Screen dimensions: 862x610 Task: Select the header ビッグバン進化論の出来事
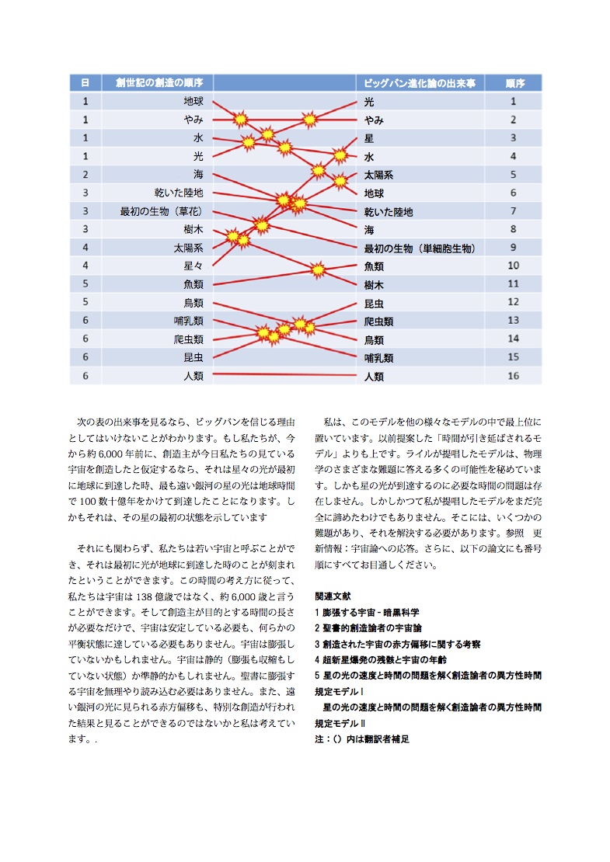[x=420, y=82]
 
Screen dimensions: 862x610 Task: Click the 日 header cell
[x=85, y=82]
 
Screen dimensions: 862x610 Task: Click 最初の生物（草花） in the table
[x=161, y=211]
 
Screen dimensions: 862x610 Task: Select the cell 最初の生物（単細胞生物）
[x=420, y=249]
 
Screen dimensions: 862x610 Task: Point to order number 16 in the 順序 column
[x=514, y=376]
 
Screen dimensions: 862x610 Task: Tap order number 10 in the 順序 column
[x=514, y=266]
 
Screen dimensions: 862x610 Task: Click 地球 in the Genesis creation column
[x=193, y=101]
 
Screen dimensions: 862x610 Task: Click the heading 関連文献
[x=333, y=596]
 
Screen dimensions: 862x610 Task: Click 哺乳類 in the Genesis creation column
[x=189, y=321]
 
